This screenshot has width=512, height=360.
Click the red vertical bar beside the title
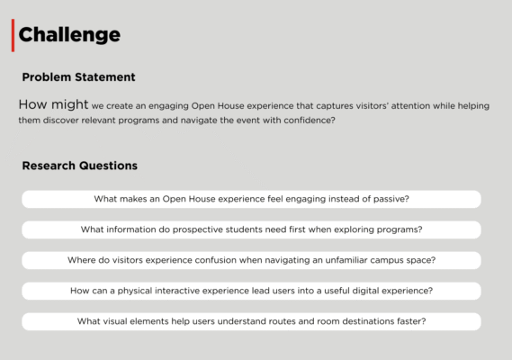[13, 35]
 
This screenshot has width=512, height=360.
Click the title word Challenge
[69, 35]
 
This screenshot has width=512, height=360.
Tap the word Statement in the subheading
[104, 77]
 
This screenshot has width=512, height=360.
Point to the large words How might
[53, 104]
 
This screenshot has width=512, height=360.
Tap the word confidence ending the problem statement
[310, 121]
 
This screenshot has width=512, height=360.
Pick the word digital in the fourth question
[364, 291]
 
